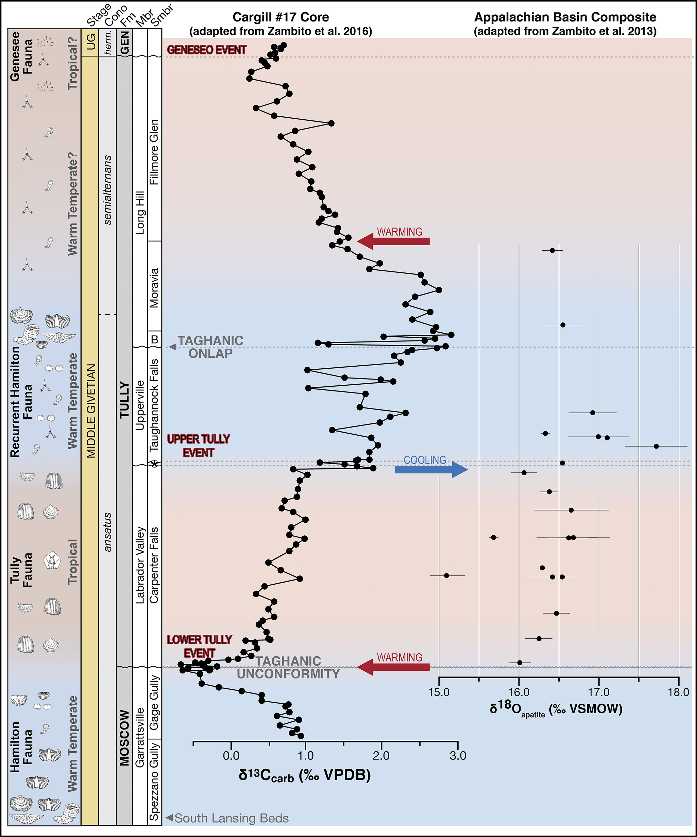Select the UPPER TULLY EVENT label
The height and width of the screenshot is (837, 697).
pyautogui.click(x=199, y=446)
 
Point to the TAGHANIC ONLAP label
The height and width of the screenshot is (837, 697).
pyautogui.click(x=210, y=347)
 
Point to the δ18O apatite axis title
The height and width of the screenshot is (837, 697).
pyautogui.click(x=556, y=709)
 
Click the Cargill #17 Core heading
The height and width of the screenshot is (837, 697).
pyautogui.click(x=280, y=17)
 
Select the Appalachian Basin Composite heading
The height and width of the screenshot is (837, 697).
pyautogui.click(x=565, y=17)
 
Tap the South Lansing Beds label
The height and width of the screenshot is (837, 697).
pyautogui.click(x=232, y=818)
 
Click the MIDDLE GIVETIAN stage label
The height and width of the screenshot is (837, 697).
pyautogui.click(x=91, y=411)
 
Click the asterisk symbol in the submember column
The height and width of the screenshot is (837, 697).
pyautogui.click(x=155, y=464)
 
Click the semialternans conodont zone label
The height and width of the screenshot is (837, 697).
pyautogui.click(x=107, y=190)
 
